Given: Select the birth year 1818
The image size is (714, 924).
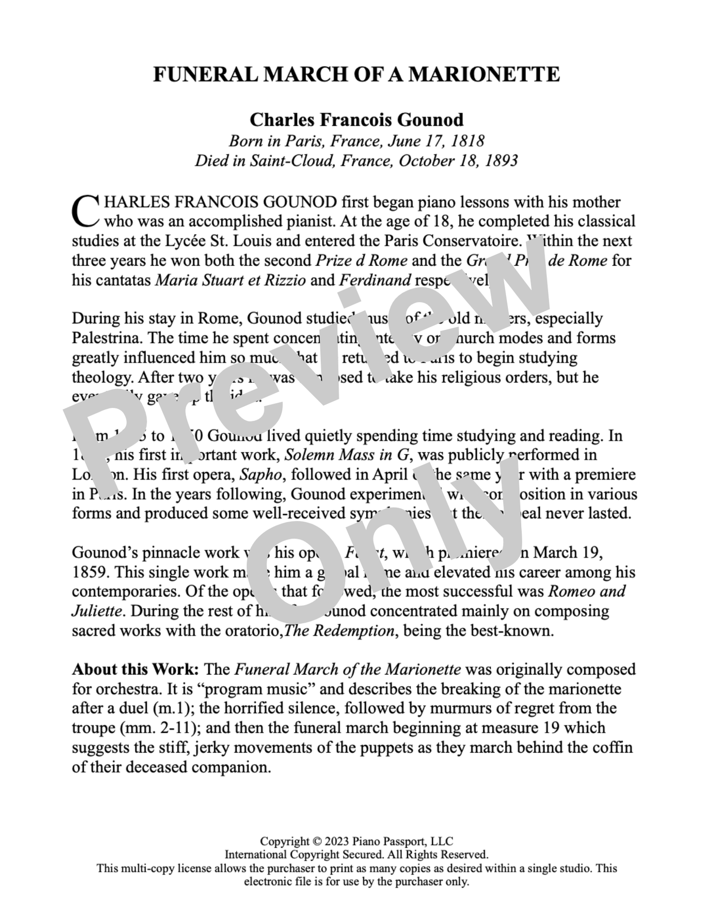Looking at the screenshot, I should [x=468, y=141].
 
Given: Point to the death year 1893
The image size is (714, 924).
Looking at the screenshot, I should [x=501, y=160].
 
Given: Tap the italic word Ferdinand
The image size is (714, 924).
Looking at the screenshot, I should [x=375, y=280].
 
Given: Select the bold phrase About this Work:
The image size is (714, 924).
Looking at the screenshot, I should [x=136, y=669].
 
